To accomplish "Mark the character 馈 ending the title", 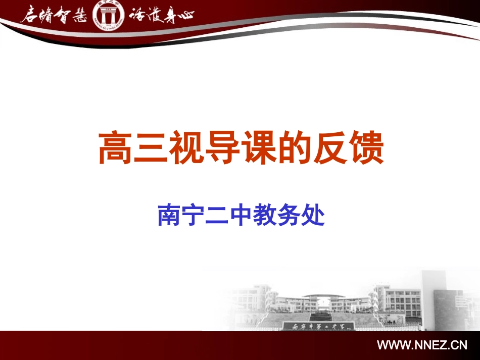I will click(x=367, y=147).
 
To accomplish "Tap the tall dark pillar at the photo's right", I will click(x=434, y=298).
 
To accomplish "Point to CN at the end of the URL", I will click(x=459, y=346).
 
